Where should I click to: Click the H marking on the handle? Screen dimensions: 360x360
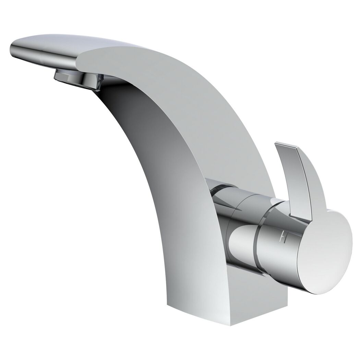coord(283,237)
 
